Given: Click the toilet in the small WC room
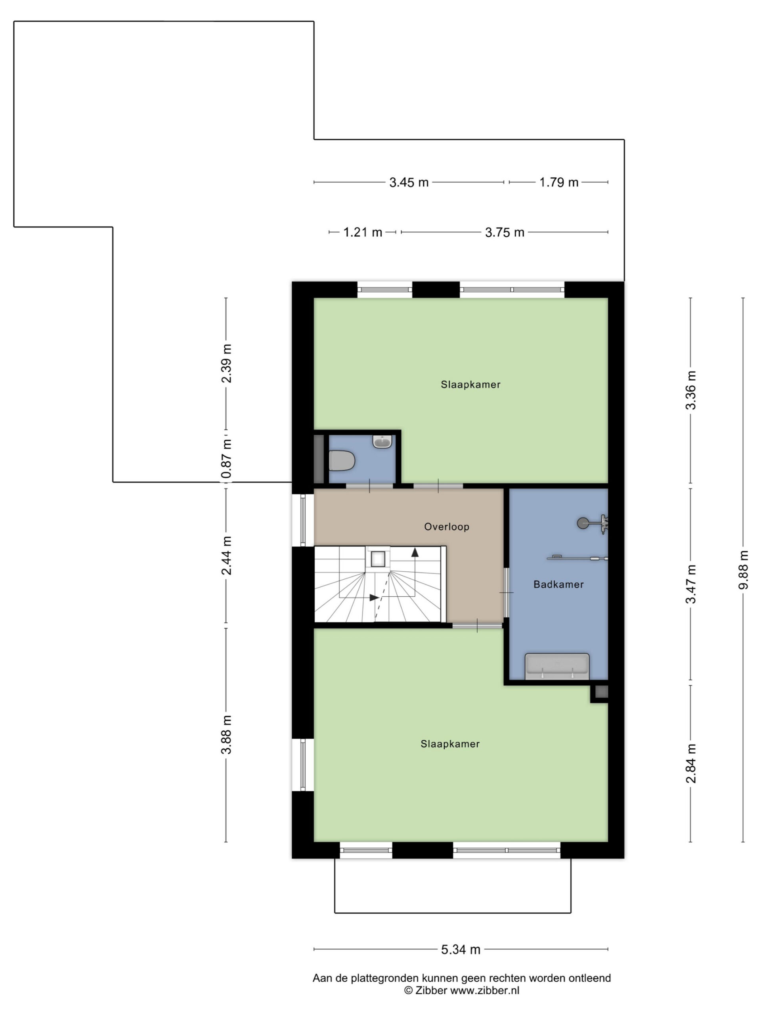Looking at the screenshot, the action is [342, 460].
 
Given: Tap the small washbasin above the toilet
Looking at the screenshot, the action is [382, 441].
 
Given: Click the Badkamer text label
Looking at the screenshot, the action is [558, 584].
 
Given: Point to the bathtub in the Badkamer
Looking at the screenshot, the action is [557, 666].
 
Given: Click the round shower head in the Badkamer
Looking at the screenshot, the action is [583, 523].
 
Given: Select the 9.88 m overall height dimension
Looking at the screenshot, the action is [743, 569].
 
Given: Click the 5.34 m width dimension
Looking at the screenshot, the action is [461, 950].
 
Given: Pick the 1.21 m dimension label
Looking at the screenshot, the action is [362, 232].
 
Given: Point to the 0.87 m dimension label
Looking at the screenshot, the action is [226, 458].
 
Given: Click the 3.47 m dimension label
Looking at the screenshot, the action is [691, 584].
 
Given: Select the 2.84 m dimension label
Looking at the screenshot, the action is [691, 764].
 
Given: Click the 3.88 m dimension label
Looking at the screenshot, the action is [226, 734].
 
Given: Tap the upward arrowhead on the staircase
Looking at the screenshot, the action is [415, 552].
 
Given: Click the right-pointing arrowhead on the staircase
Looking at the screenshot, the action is [374, 598].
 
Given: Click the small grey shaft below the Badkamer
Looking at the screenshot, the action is [602, 692].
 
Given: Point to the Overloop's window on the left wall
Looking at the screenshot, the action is [303, 520].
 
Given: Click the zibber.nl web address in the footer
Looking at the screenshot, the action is [484, 990].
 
